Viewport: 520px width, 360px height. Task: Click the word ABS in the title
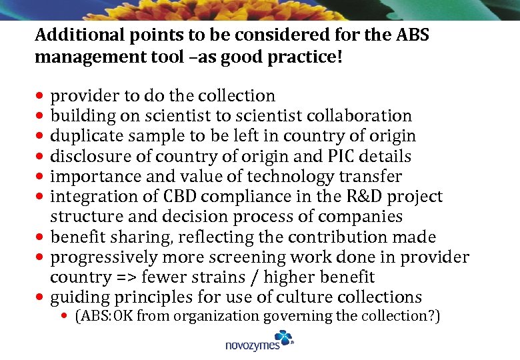coord(409,35)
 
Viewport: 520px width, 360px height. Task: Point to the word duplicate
coord(83,136)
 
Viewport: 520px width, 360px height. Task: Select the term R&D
coord(355,197)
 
